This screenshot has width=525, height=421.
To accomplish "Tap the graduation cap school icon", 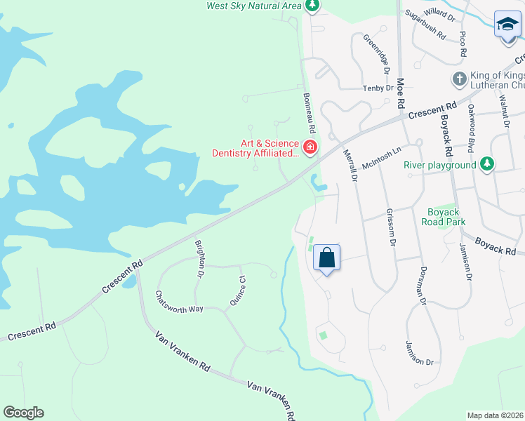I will [507, 25].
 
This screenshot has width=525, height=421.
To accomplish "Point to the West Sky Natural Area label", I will [254, 6].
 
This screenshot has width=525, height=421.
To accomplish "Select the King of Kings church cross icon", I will [459, 78].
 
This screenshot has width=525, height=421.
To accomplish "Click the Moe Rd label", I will [401, 92].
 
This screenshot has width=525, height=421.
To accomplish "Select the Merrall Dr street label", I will [350, 166].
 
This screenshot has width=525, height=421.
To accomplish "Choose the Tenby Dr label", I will [378, 88].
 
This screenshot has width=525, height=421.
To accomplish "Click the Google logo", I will [23, 413].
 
